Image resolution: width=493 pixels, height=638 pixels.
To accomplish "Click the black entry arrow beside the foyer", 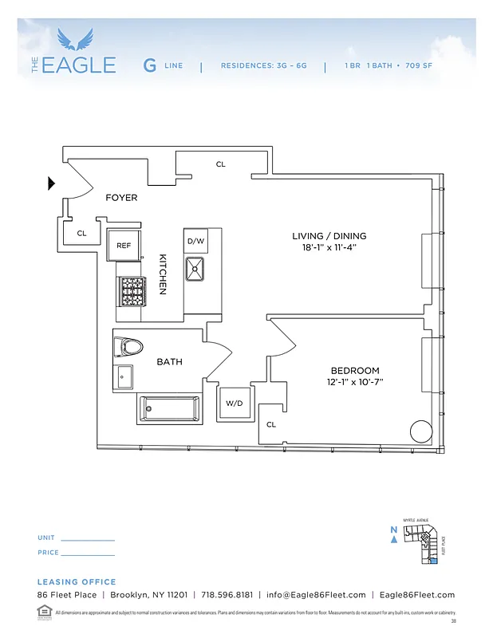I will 52,184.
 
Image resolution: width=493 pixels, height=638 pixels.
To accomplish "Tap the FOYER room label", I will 121,198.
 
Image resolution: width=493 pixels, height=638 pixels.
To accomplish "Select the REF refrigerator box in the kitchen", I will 124,246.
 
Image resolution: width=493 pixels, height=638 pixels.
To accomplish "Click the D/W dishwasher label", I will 195,241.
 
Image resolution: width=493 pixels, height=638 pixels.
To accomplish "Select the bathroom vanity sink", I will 124,376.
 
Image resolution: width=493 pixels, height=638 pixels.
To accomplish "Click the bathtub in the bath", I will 170,409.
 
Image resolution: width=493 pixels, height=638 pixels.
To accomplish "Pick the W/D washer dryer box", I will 234,404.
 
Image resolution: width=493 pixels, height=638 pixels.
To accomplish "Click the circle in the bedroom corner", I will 420,431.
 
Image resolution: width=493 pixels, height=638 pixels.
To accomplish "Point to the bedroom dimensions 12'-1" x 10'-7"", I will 355,382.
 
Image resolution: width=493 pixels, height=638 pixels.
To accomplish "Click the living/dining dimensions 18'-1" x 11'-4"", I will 329,247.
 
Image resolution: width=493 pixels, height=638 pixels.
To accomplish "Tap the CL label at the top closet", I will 221,164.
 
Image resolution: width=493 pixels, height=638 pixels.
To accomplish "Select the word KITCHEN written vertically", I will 163,274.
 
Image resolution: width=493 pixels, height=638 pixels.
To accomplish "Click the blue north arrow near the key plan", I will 393,539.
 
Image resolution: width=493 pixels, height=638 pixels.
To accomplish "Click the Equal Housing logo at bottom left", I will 44,612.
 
